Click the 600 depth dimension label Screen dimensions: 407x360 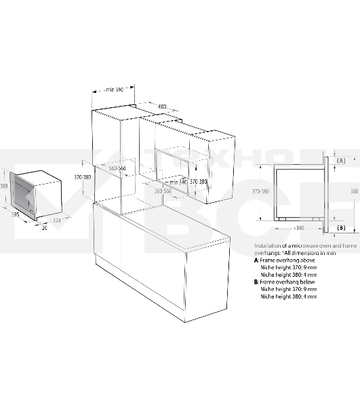tap(163, 106)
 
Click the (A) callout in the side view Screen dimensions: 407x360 tap(342, 160)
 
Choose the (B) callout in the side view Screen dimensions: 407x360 tap(342, 227)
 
